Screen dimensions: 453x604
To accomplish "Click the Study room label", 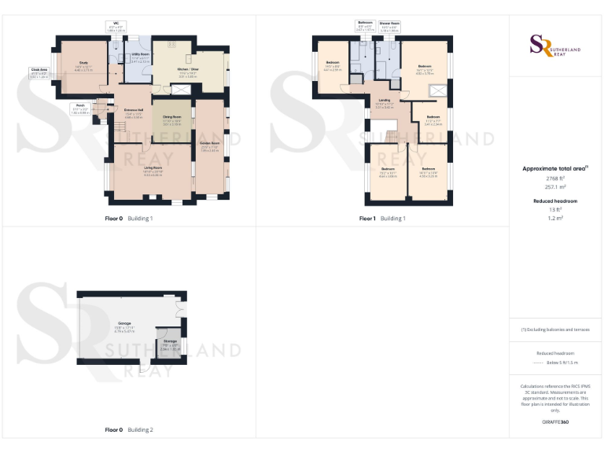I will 83,62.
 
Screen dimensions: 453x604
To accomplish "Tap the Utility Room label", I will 140,54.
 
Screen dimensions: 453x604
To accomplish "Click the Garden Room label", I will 208,143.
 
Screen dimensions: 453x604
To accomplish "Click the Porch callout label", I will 79,105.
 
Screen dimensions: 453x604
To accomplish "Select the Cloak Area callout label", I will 39,70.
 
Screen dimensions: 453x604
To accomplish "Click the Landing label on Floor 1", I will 384,100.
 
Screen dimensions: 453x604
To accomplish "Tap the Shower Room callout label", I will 390,23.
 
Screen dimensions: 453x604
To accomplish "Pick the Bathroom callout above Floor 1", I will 364,22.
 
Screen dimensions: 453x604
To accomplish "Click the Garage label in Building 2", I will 124,322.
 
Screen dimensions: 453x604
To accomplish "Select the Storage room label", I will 169,341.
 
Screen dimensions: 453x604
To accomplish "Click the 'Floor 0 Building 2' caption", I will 129,430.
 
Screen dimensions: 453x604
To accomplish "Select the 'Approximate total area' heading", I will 554,168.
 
